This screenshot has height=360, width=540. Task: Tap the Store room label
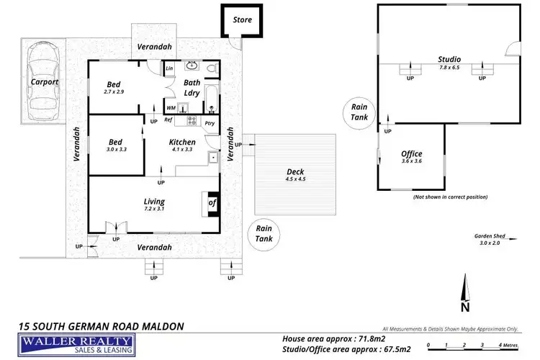tap(243, 20)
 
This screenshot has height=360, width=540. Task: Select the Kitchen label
tap(182, 142)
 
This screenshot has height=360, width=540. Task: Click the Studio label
tap(449, 59)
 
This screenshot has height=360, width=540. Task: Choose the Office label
tap(411, 154)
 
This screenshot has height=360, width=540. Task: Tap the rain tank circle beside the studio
tap(359, 112)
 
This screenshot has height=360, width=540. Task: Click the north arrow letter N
tap(467, 307)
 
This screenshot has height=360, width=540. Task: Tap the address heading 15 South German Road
tap(101, 326)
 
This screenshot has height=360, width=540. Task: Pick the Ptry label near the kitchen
tap(210, 123)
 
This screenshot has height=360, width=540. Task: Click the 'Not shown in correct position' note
tap(450, 197)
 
